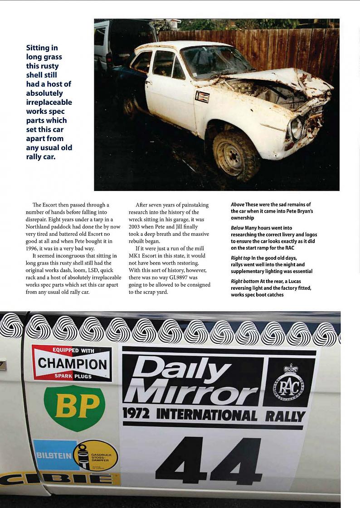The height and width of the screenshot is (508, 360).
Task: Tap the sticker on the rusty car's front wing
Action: pyautogui.click(x=202, y=97)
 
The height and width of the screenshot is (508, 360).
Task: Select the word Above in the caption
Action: pyautogui.click(x=237, y=205)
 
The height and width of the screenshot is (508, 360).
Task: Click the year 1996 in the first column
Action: pyautogui.click(x=40, y=249)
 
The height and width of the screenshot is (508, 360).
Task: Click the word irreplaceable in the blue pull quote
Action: pyautogui.click(x=49, y=102)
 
